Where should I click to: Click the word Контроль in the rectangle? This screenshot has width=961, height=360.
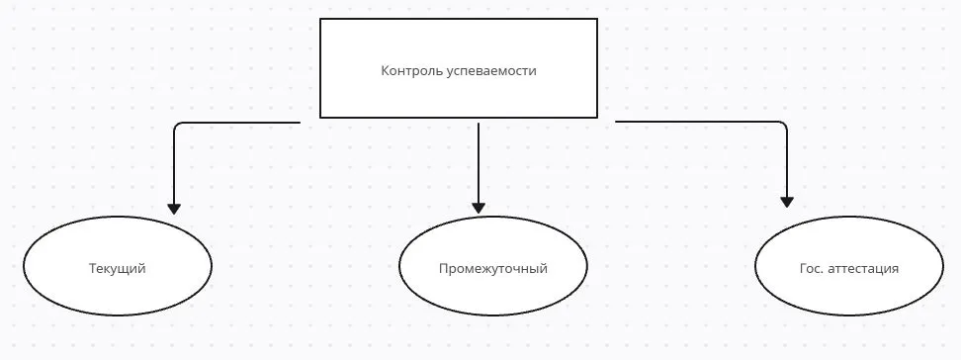point(407,71)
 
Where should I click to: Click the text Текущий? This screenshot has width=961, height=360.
point(118,269)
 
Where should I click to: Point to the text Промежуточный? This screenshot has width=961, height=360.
point(492,269)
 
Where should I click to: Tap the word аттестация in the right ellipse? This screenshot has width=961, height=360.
point(863,269)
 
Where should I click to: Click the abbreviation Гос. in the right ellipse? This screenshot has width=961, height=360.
point(811,269)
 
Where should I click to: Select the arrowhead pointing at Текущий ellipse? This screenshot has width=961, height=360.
point(174,209)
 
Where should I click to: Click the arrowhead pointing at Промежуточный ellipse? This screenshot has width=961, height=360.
point(479,208)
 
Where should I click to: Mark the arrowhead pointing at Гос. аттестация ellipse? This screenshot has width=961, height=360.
point(787,201)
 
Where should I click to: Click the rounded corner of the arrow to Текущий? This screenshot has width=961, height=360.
point(177,126)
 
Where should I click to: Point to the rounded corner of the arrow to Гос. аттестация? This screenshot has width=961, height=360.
point(784,125)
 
